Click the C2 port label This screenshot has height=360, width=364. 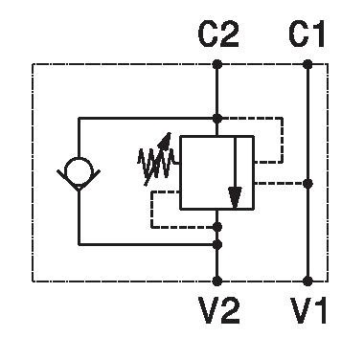point(218,34)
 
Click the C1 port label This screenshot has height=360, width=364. point(307,34)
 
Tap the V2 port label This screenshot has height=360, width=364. point(219,309)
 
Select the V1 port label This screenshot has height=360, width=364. point(308,309)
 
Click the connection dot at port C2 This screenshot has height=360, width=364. point(217,64)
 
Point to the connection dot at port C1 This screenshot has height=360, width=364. point(307,64)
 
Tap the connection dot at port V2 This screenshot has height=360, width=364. point(217,281)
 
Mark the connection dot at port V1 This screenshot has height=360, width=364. point(307,281)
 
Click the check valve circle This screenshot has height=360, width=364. point(79,170)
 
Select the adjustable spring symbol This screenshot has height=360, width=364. point(157,160)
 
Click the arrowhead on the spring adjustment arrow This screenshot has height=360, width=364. point(166,140)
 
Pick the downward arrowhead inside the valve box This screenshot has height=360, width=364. point(235,198)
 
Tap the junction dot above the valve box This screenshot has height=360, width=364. point(217,119)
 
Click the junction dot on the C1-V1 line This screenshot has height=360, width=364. point(307,184)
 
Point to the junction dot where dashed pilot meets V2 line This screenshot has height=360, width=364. point(217,227)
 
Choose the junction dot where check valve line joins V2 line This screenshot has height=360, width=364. point(217,245)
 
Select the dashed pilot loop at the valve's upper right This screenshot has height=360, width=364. point(283,141)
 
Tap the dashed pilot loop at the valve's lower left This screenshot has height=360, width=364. point(152,210)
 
